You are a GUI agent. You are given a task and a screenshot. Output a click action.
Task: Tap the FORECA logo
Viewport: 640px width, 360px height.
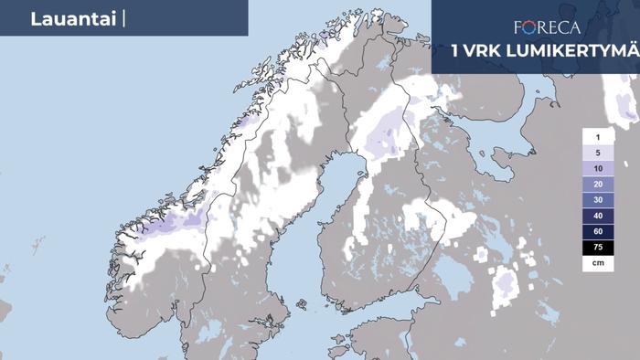point(547,27)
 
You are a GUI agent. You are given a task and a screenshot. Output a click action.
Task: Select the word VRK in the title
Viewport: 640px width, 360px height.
point(484,50)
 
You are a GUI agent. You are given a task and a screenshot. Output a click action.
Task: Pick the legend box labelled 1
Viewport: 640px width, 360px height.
point(597,136)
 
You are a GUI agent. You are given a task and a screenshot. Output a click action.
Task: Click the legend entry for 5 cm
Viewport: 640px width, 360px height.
point(597,153)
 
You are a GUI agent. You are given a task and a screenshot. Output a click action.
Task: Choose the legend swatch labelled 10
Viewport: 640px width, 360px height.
point(597,168)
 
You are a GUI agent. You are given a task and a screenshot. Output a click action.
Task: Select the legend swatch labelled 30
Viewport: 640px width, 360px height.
point(597,199)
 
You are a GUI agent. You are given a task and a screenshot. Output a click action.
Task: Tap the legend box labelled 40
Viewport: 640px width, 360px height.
point(597,216)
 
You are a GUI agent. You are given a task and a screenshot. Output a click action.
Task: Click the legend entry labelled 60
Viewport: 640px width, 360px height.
point(597,231)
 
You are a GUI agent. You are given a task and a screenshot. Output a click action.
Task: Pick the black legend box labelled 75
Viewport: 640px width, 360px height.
point(597,247)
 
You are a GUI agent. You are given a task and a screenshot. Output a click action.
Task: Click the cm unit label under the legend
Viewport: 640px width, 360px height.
point(597,262)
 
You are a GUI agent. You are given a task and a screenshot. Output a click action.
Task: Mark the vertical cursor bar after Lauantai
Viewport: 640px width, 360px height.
point(122,19)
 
